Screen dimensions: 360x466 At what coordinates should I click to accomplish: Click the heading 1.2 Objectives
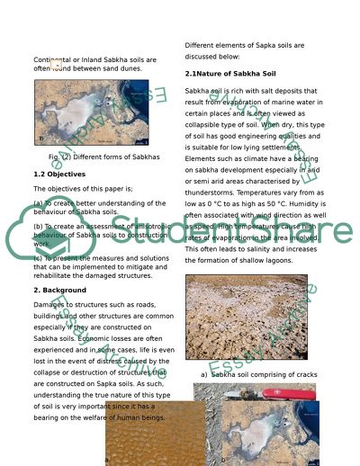(58, 174)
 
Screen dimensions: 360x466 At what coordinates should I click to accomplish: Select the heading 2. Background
(60, 291)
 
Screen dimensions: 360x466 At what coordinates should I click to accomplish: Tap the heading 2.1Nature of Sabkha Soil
(230, 73)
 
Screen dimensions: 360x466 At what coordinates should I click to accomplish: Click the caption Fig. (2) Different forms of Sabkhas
(104, 157)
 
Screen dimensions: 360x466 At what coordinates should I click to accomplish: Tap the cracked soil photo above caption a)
(246, 317)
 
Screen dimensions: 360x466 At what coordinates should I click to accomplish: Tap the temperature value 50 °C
(279, 203)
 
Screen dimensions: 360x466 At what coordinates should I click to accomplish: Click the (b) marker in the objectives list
(38, 226)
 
